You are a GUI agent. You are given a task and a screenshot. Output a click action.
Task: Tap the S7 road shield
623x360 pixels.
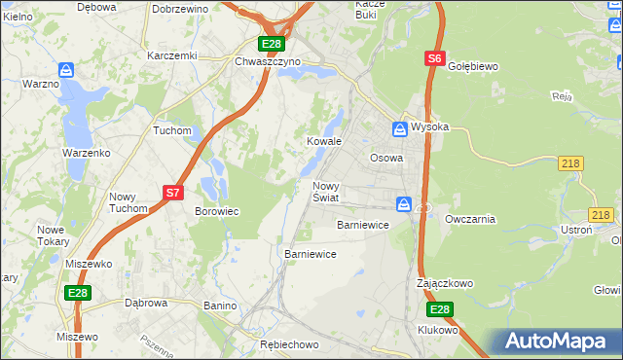click(172, 193)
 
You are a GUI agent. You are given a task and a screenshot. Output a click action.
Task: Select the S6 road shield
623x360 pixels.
click(434, 59)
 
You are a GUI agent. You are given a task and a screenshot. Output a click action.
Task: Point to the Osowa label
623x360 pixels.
click(386, 158)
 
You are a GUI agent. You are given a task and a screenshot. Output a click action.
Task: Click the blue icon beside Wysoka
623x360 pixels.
click(400, 127)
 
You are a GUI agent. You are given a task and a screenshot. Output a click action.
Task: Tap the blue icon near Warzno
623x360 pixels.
click(65, 70)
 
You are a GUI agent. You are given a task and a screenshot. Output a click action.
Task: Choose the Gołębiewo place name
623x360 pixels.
click(472, 66)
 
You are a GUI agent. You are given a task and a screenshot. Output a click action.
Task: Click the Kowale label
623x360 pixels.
click(325, 141)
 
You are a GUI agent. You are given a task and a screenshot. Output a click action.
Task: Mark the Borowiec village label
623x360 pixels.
click(217, 211)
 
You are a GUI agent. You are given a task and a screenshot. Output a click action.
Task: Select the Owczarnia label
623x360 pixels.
click(470, 219)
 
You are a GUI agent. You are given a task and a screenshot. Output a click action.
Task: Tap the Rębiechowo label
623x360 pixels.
click(290, 345)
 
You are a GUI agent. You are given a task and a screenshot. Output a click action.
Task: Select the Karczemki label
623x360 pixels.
click(171, 55)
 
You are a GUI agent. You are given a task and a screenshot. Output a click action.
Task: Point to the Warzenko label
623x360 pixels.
click(85, 154)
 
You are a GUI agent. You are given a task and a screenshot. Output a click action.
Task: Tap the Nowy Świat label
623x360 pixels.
click(325, 192)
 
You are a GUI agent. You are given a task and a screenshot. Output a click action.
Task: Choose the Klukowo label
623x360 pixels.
click(438, 330)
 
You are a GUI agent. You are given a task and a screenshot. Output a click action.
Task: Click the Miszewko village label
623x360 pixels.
click(89, 264)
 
